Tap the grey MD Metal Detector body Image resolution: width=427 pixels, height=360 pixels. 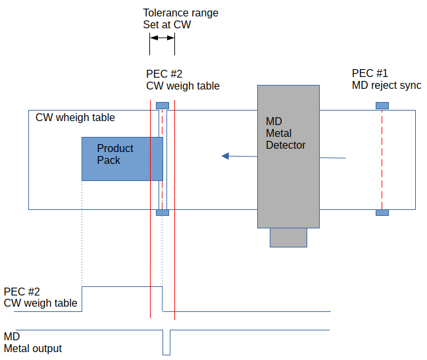(288, 184)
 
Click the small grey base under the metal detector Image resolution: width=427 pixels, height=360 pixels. (288, 237)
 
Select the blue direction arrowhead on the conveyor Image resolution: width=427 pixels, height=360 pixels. (226, 156)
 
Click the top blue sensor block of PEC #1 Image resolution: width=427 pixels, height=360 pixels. (382, 105)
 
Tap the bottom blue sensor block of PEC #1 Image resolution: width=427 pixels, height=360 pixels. (382, 212)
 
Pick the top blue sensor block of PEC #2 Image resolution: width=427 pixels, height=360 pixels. (163, 105)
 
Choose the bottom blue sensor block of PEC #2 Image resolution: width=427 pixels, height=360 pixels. (163, 212)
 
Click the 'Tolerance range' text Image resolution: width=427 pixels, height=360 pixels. (180, 13)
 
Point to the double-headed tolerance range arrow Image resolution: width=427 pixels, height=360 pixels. (163, 39)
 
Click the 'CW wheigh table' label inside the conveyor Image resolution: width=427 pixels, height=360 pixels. (75, 118)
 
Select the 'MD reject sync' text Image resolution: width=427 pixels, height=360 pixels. (386, 86)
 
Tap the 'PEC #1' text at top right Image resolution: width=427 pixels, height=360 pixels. (370, 73)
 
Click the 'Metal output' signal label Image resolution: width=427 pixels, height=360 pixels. (33, 348)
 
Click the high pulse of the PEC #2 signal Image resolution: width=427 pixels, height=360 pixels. (122, 287)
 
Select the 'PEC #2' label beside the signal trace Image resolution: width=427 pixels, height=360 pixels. (22, 292)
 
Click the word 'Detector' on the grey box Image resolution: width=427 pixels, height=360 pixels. (286, 145)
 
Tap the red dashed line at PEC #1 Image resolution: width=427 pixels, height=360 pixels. (382, 158)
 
